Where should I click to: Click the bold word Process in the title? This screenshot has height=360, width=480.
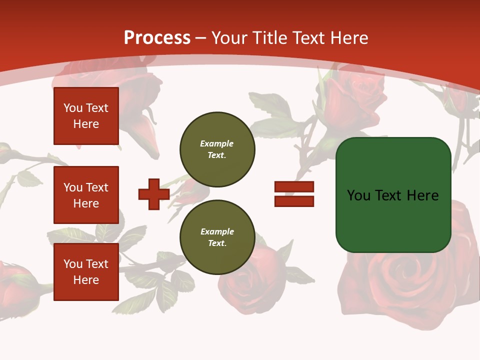157,38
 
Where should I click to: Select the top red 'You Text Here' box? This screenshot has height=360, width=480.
86,116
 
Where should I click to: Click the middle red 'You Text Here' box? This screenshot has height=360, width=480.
86,195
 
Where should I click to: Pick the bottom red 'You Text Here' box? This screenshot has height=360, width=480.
86,272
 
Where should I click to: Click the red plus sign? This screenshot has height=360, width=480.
154,194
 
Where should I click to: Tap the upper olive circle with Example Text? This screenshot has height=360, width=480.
217,149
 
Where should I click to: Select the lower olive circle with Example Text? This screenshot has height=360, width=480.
217,237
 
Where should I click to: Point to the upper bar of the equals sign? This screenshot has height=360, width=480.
294,186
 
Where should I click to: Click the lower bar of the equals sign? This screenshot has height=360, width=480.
294,201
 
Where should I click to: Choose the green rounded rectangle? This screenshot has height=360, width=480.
393,220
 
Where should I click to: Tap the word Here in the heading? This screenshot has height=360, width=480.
349,38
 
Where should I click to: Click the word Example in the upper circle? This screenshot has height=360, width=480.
217,143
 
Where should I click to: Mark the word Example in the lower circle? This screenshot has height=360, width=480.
217,231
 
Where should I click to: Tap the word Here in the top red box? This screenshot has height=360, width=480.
86,124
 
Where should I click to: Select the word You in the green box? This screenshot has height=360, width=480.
358,195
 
